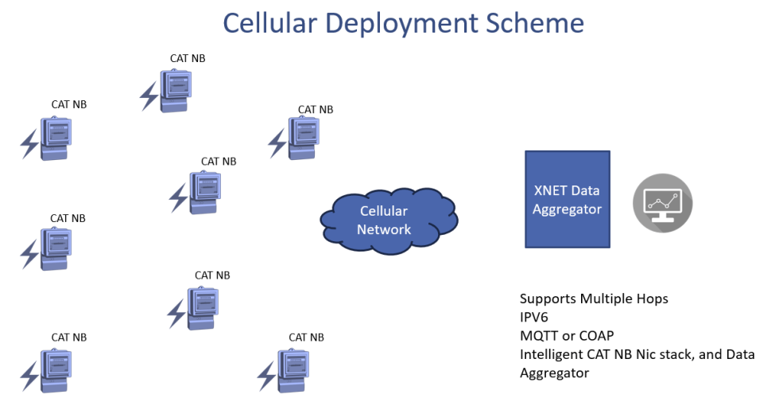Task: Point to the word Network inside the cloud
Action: click(x=384, y=230)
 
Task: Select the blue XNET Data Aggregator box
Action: click(x=567, y=199)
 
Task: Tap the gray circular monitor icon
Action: click(x=662, y=203)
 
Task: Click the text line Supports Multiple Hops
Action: click(x=594, y=299)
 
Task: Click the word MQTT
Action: click(x=539, y=336)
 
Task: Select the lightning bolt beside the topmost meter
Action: click(x=149, y=96)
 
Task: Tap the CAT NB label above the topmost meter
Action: click(x=188, y=58)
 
